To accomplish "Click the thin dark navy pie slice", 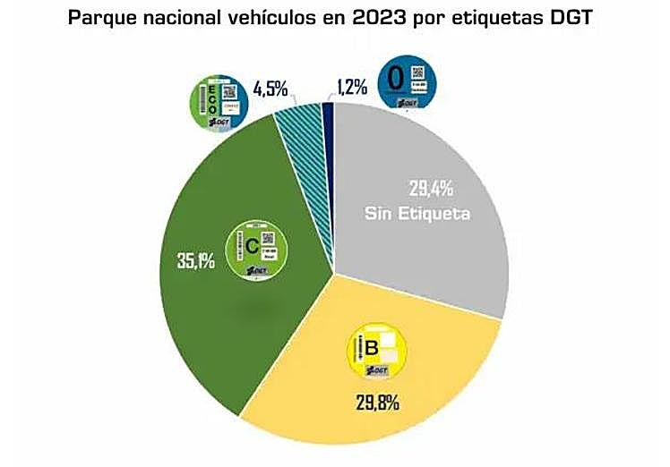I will [x=328, y=116].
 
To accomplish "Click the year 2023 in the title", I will [x=393, y=19].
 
